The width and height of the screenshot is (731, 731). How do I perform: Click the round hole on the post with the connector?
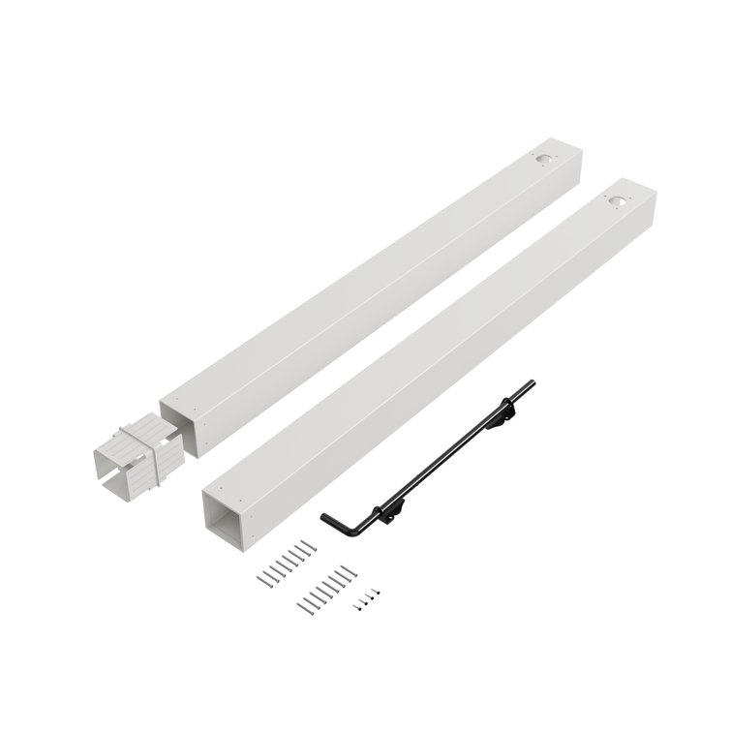546,156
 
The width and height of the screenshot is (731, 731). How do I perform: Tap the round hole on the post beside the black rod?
617,199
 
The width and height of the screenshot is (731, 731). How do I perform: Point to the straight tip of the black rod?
532,384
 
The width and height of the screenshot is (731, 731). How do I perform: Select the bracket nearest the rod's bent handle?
385,508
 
